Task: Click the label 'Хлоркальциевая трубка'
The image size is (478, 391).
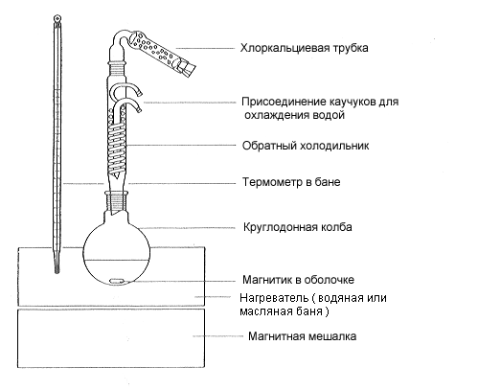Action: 304,48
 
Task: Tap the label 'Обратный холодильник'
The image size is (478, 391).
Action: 306,146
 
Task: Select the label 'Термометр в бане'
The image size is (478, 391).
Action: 291,182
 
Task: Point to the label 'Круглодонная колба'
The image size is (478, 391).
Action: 298,227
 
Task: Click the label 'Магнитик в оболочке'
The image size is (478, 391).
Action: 298,280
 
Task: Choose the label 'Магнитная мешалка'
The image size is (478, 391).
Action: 302,336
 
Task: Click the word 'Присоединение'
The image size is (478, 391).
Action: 283,103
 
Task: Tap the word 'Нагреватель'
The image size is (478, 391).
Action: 274,298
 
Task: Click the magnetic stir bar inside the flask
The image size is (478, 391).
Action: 116,281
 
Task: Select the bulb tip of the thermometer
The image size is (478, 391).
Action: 57,267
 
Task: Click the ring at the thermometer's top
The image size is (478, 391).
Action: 57,18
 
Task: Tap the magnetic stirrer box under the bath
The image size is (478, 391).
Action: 111,338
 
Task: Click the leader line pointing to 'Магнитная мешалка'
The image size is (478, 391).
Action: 217,336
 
